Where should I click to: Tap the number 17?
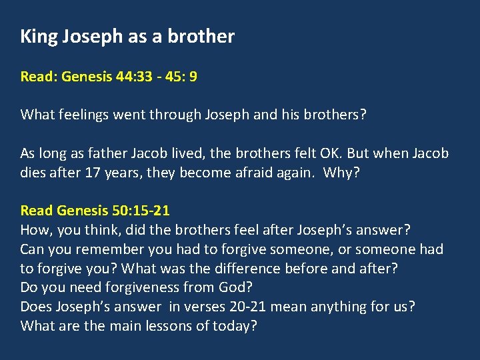click(93, 172)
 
